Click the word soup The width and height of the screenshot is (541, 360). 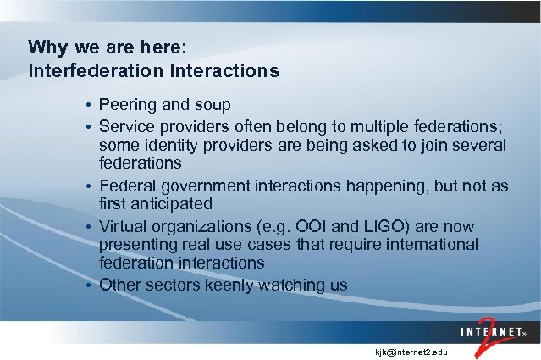pyautogui.click(x=211, y=105)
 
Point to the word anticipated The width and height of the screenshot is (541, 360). pyautogui.click(x=173, y=205)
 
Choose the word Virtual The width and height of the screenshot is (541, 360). pyautogui.click(x=124, y=226)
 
